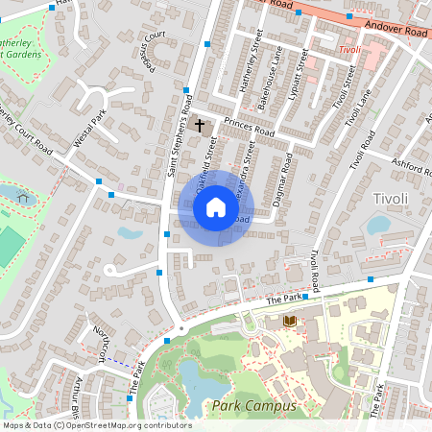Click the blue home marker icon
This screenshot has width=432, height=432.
pos(216,207)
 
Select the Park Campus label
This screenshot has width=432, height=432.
pos(254,407)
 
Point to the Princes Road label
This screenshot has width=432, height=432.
pos(249,127)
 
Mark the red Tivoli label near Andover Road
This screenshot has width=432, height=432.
pos(349,48)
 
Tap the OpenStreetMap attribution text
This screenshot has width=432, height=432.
pos(96,424)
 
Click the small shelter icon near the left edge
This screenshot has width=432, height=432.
pos(22,198)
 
